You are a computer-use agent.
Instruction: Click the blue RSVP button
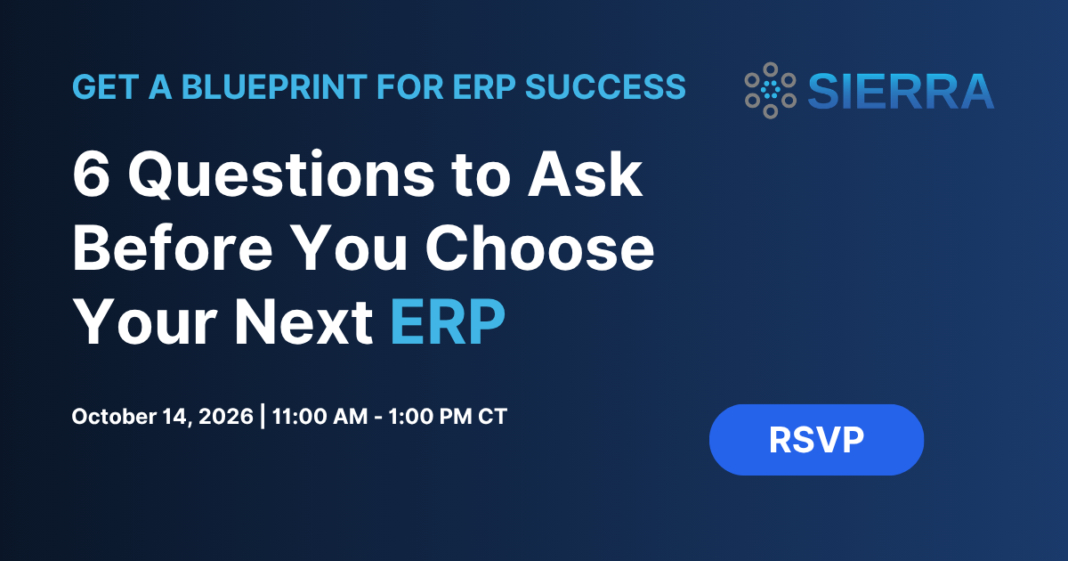click(816, 439)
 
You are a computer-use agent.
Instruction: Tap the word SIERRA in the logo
click(901, 91)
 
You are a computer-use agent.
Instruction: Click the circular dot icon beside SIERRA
click(771, 90)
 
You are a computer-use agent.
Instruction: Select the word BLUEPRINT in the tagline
click(274, 87)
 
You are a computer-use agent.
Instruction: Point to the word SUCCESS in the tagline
click(605, 87)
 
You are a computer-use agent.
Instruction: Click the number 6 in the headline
click(91, 175)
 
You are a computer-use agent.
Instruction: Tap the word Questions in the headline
click(282, 175)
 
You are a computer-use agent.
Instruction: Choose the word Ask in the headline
click(586, 175)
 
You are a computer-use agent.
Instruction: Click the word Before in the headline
click(173, 248)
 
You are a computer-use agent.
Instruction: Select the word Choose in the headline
click(539, 248)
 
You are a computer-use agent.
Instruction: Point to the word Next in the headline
click(303, 322)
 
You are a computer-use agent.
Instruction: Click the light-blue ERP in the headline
click(448, 322)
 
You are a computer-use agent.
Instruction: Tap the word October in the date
click(114, 417)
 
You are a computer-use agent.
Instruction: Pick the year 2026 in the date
click(225, 417)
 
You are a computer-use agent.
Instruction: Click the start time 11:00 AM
click(320, 417)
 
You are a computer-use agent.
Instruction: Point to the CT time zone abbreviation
click(492, 417)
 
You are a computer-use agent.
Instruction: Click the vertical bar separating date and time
click(263, 416)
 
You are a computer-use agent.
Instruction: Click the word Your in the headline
click(145, 322)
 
